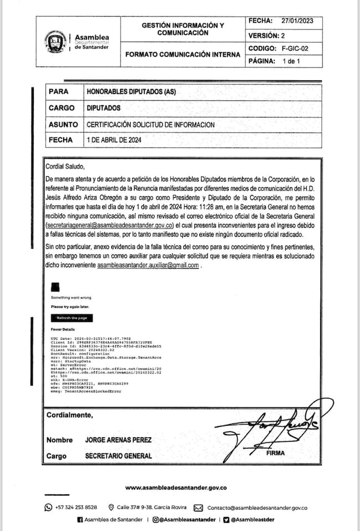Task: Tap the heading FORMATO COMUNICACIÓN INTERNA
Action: click(x=183, y=55)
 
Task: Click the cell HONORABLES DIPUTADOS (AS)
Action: click(x=131, y=91)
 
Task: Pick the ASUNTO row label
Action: click(x=63, y=125)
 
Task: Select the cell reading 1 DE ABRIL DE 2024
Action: click(x=115, y=141)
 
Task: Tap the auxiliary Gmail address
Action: click(x=148, y=266)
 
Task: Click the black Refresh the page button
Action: click(x=72, y=318)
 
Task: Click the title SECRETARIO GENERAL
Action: click(x=119, y=456)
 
